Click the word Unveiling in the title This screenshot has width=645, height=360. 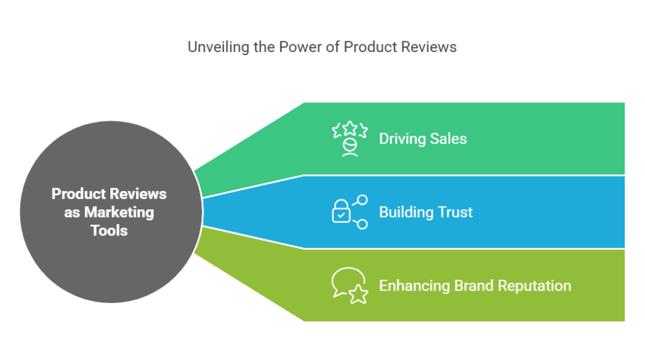click(x=212, y=47)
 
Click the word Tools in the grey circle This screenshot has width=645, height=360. click(x=109, y=230)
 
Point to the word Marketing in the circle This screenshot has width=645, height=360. click(x=119, y=212)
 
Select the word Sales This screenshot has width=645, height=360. click(x=447, y=138)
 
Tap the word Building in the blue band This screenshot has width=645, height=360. click(x=405, y=212)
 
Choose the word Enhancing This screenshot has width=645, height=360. click(x=415, y=286)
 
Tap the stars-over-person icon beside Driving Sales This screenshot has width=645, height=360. click(x=349, y=138)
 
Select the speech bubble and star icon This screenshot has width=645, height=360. click(x=349, y=285)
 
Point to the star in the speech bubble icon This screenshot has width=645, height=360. click(x=358, y=294)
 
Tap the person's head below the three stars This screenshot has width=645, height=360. click(x=349, y=145)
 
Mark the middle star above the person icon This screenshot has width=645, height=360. click(x=349, y=128)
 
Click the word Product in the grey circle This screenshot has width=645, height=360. click(x=76, y=193)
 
